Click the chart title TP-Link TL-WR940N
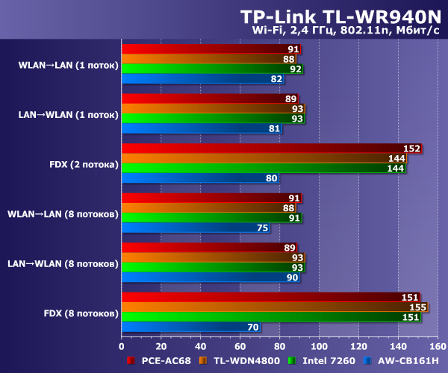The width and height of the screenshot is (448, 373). [x=340, y=16]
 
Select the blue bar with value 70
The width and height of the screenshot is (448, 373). [x=190, y=326]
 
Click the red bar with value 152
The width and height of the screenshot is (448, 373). [x=271, y=148]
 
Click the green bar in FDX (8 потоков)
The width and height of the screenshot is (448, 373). [x=270, y=316]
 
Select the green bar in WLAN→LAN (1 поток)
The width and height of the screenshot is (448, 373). [x=211, y=69]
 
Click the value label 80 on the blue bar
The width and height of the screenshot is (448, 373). [x=271, y=178]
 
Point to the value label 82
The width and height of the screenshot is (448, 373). [x=276, y=79]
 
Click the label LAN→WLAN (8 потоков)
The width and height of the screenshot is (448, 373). [x=63, y=263]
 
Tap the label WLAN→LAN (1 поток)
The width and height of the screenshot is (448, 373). [x=68, y=65]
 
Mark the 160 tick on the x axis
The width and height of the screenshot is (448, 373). [x=437, y=346]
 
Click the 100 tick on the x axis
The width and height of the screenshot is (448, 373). [x=319, y=346]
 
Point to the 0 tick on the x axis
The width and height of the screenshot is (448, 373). [x=122, y=346]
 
